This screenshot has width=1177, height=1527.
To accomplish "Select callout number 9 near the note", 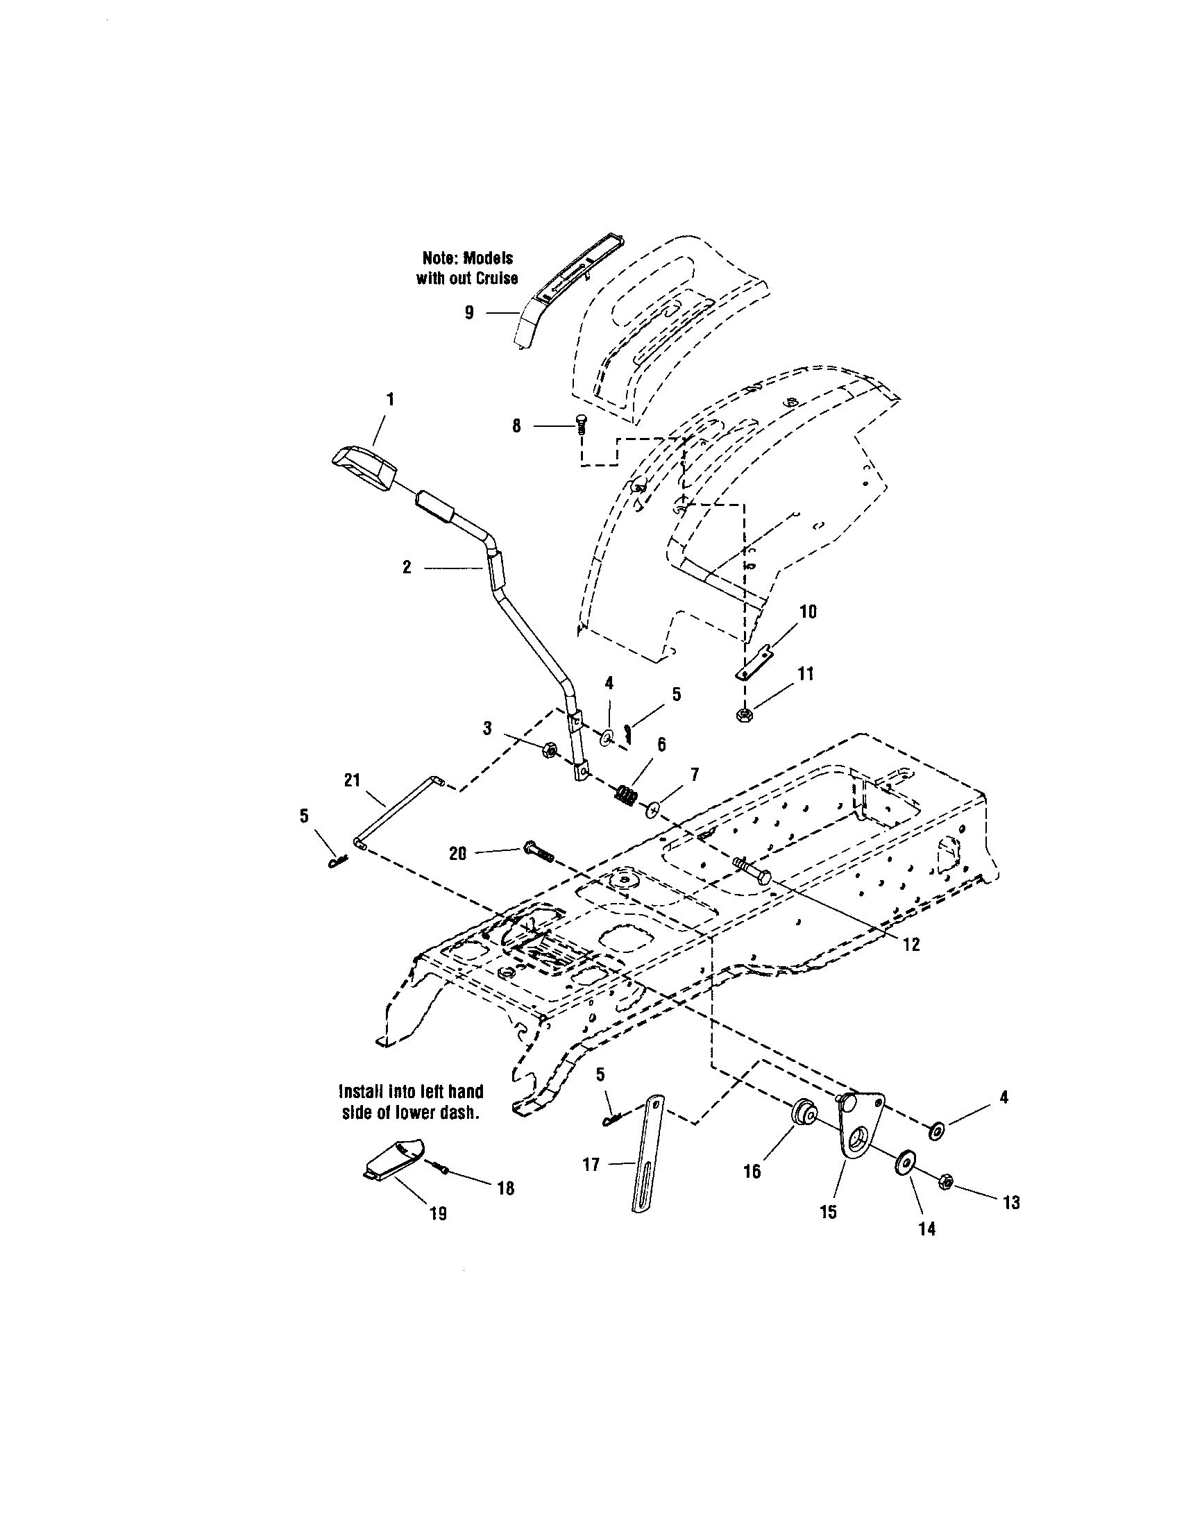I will (470, 313).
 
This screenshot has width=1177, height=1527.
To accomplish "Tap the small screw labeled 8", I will (581, 423).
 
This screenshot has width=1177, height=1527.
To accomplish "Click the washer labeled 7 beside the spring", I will (653, 808).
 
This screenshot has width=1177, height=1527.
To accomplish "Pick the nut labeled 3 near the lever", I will (549, 750).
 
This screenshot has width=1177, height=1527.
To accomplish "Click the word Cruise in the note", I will (493, 278).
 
